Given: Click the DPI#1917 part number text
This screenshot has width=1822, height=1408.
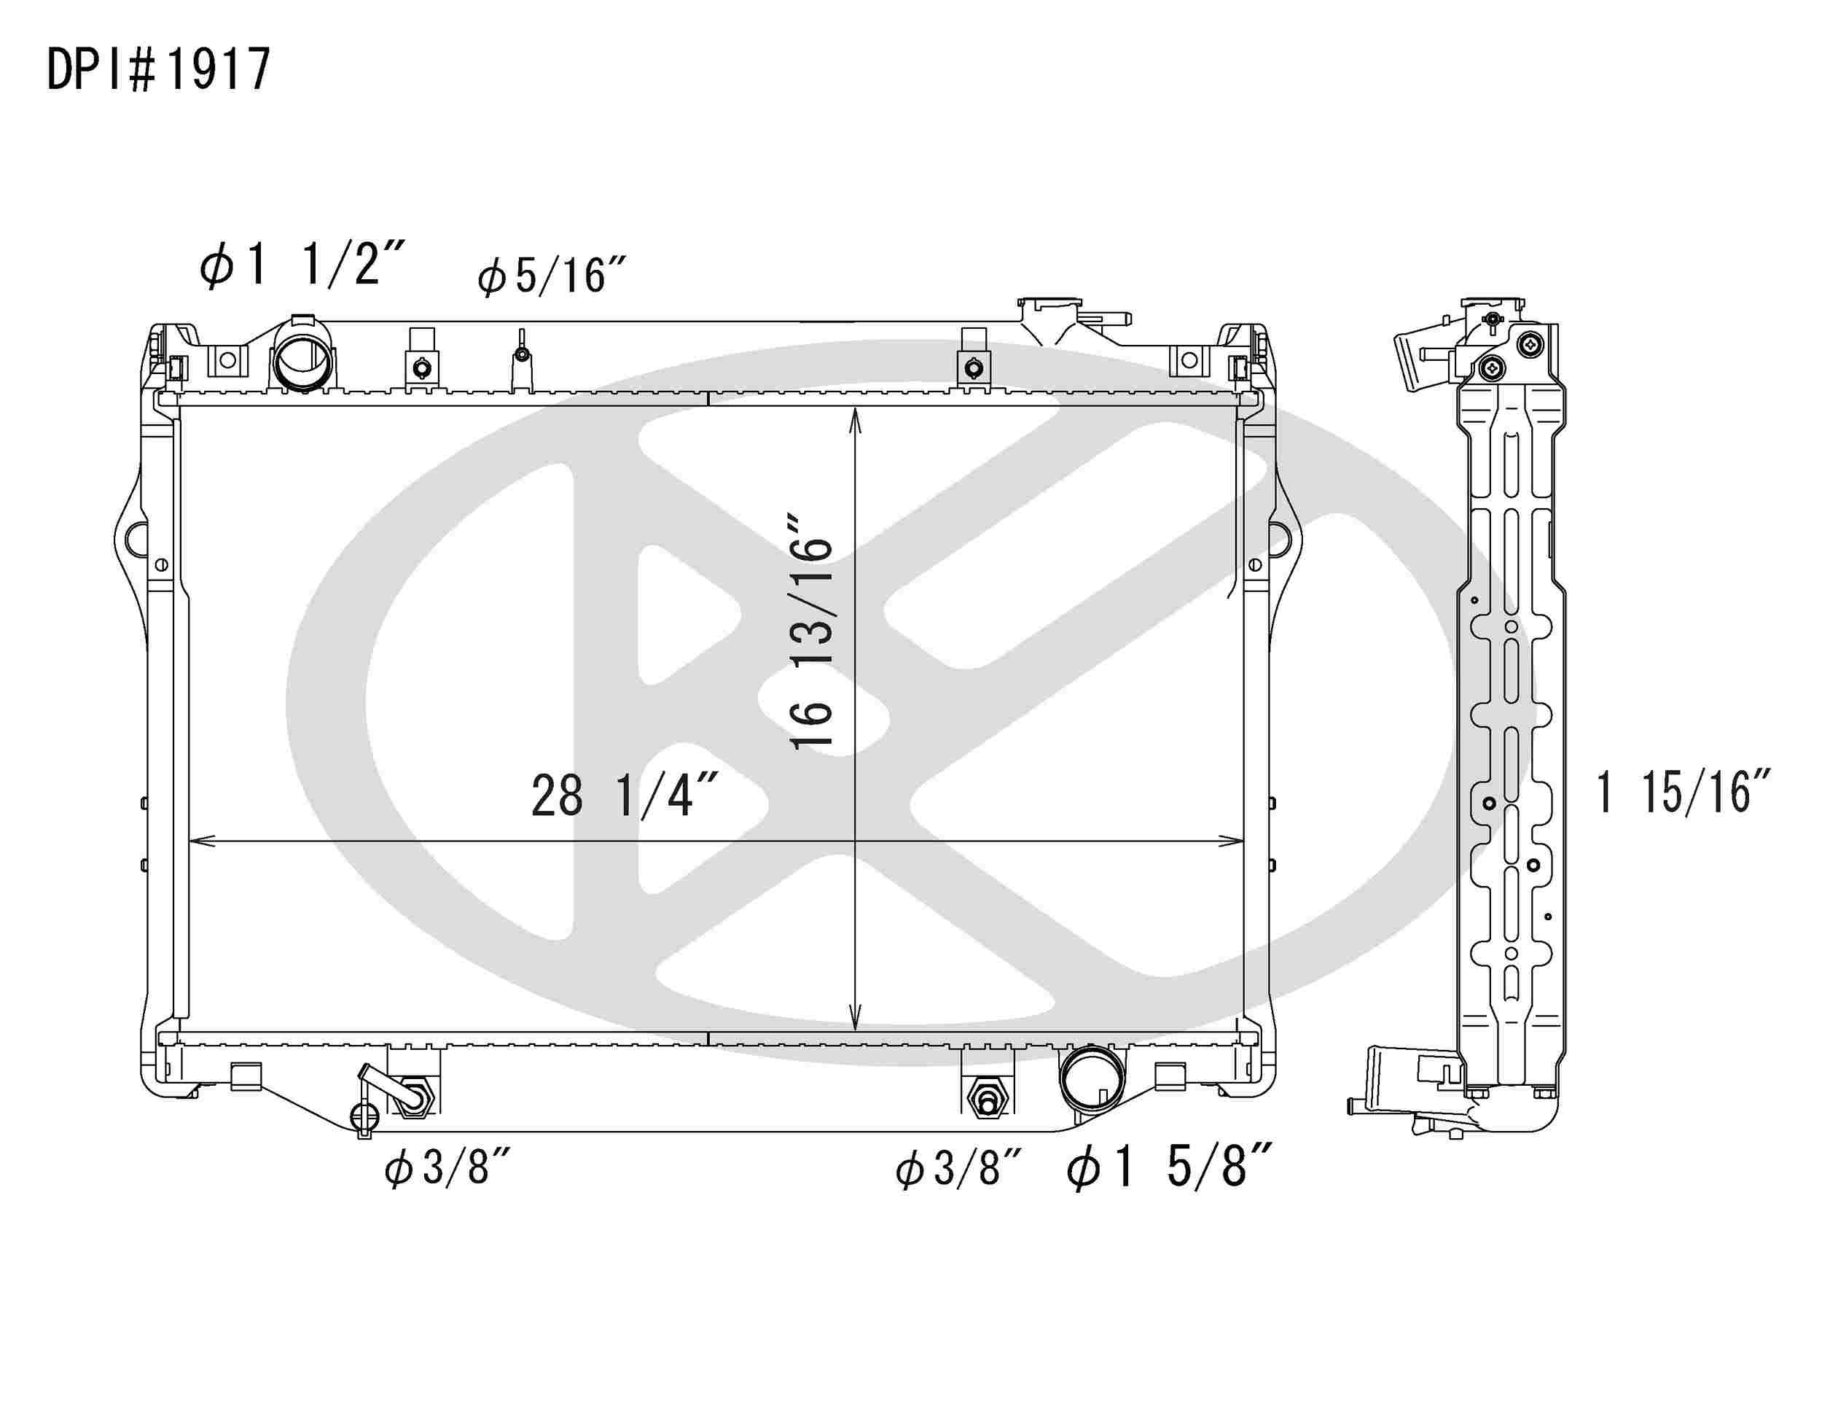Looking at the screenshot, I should [x=158, y=69].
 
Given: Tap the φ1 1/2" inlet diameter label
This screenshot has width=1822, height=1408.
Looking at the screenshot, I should [x=301, y=265].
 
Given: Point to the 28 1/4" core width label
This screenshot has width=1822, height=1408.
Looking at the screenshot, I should [x=624, y=796].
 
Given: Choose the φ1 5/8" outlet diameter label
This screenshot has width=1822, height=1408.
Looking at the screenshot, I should [x=1169, y=1165].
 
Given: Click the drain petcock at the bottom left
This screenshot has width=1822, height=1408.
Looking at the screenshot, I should [x=364, y=1115].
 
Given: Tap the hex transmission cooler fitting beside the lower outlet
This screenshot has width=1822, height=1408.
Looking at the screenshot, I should [x=987, y=1101].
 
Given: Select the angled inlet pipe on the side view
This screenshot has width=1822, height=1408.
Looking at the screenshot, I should [x=1420, y=359].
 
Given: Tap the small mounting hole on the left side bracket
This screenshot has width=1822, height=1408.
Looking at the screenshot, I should [x=161, y=565].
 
